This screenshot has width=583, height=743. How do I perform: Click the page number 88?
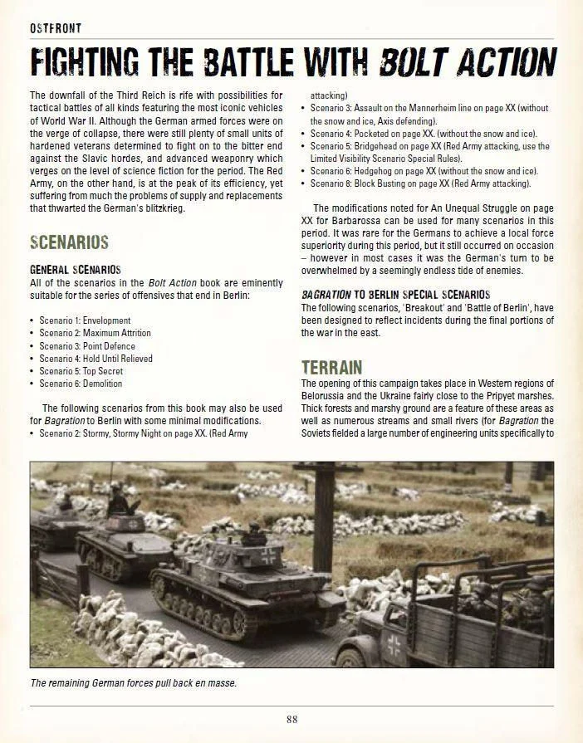(291, 719)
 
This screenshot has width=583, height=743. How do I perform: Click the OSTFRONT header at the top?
(55, 28)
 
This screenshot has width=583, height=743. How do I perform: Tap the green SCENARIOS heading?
(69, 243)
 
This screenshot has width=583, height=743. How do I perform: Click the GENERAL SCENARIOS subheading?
(75, 270)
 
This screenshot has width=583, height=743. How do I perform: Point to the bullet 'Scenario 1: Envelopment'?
(85, 320)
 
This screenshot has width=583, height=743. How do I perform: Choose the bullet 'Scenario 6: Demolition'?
(81, 384)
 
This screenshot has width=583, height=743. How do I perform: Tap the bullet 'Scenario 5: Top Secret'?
(81, 371)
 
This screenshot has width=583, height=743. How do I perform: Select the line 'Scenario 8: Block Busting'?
(420, 183)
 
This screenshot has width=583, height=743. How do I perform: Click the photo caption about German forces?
(133, 682)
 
